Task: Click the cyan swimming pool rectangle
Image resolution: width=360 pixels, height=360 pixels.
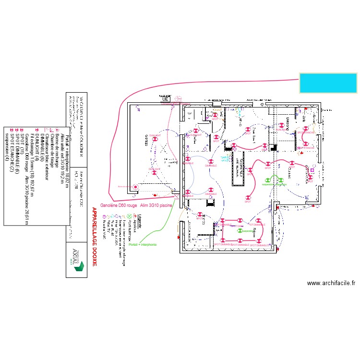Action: tap(328, 83)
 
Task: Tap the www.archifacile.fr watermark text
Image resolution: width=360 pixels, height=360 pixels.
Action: tap(331, 283)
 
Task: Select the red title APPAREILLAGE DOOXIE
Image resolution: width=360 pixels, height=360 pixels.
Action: tap(94, 237)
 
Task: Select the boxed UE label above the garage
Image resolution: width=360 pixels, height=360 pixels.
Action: tap(167, 99)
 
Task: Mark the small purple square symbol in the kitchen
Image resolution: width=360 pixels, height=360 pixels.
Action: tap(312, 170)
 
